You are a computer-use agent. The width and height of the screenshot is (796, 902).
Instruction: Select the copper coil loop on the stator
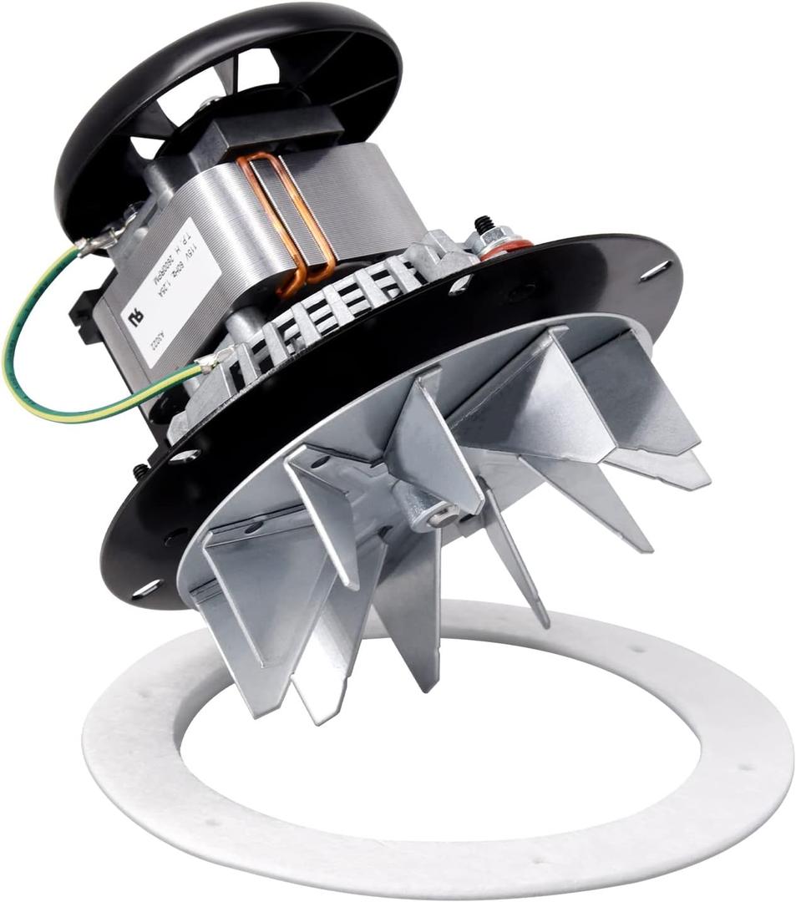[x=288, y=217]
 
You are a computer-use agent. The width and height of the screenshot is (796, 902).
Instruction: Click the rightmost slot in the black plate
[x=656, y=270]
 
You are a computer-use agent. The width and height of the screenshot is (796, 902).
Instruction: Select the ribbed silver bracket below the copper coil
[x=334, y=301]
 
